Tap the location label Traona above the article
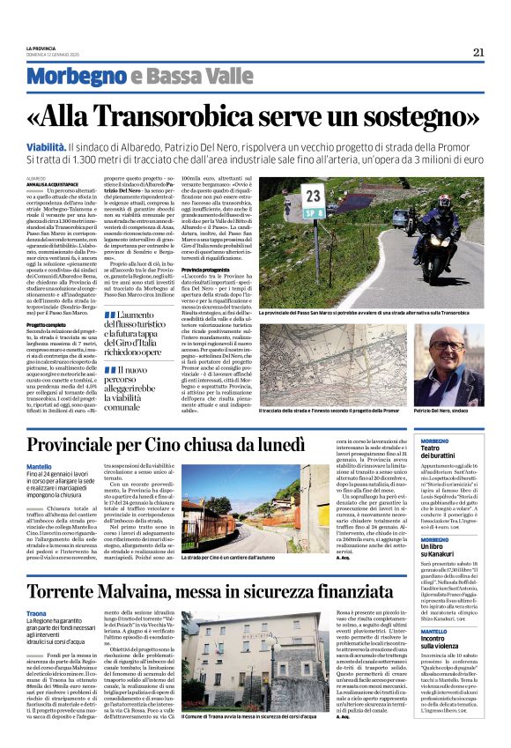36,613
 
